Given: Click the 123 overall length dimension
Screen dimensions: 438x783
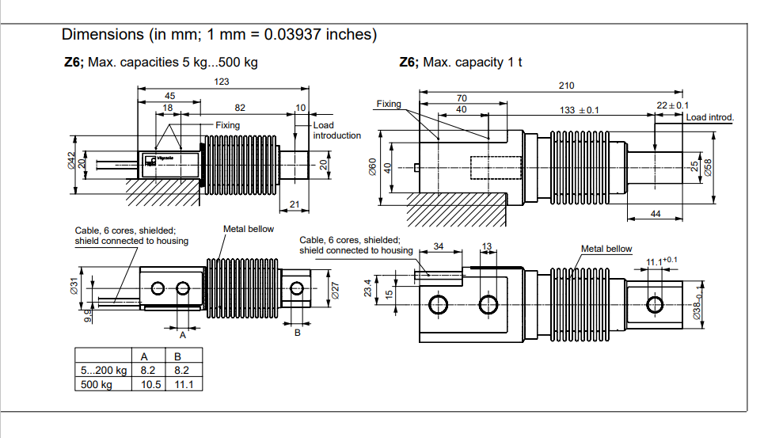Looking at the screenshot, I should (x=222, y=82).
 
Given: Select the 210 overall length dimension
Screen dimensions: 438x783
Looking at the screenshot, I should (x=566, y=86).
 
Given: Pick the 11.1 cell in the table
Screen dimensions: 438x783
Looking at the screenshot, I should (x=182, y=384).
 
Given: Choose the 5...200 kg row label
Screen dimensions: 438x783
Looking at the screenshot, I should (x=103, y=370).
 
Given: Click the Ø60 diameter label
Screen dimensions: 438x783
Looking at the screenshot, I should (x=373, y=167).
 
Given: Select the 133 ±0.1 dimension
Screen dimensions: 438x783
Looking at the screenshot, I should (x=580, y=111).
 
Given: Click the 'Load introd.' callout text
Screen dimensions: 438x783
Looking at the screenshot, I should (x=709, y=117).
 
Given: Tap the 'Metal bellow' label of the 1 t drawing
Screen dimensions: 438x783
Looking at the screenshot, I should (x=606, y=249).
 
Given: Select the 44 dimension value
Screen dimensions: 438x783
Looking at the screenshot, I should (x=656, y=215).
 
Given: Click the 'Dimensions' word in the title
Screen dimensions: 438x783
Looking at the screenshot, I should (x=101, y=35).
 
